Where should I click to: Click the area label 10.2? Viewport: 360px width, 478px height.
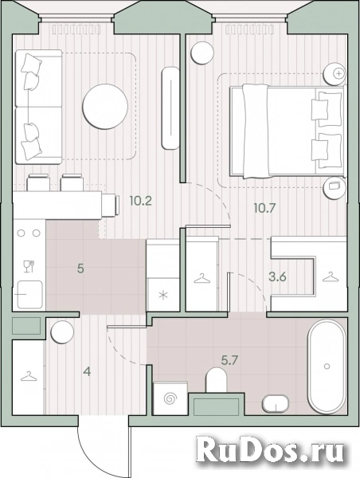click(x=140, y=201)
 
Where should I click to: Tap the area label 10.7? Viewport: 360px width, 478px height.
click(x=264, y=208)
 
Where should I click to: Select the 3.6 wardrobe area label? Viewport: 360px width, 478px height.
click(x=277, y=277)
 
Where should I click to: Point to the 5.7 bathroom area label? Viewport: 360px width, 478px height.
click(x=229, y=361)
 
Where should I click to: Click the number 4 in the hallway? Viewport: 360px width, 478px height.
click(x=88, y=372)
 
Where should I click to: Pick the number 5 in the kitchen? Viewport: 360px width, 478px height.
click(x=80, y=269)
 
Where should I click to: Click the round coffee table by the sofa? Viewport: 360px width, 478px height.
click(x=105, y=107)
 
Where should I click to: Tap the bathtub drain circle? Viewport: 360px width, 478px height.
click(x=327, y=366)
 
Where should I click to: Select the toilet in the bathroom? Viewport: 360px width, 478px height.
click(x=217, y=380)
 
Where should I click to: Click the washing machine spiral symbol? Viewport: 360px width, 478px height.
click(x=170, y=398)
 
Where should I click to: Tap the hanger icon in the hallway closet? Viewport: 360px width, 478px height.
click(x=29, y=376)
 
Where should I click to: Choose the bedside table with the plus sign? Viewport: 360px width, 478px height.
click(x=335, y=74)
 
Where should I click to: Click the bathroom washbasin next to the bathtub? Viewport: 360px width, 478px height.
click(x=276, y=403)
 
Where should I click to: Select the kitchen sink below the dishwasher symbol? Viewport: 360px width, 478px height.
click(x=29, y=295)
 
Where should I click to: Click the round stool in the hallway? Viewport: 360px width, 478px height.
click(x=62, y=332)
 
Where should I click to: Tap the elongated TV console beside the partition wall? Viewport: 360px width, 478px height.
click(x=171, y=108)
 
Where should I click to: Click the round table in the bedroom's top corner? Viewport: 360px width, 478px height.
click(x=202, y=53)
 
